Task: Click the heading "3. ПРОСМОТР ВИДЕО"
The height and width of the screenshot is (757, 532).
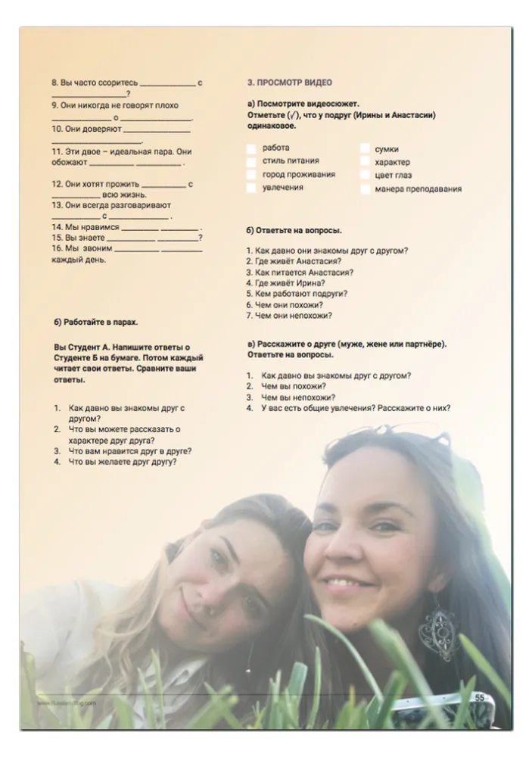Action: [289, 82]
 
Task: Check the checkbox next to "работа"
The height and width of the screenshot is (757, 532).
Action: [251, 148]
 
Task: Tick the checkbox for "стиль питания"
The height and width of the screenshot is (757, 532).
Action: [251, 161]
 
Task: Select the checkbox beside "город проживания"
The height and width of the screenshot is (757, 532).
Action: [251, 175]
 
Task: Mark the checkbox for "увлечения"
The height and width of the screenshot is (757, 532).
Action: [251, 188]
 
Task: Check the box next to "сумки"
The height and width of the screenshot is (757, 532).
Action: [365, 149]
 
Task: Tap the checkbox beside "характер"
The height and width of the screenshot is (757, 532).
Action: [365, 162]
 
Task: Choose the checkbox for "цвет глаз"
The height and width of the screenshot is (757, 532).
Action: [365, 176]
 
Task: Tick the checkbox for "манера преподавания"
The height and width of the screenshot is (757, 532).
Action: [365, 189]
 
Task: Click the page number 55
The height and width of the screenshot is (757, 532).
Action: [480, 697]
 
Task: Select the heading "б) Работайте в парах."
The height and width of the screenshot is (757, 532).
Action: [95, 322]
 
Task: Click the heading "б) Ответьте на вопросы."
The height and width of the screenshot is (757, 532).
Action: [294, 229]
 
